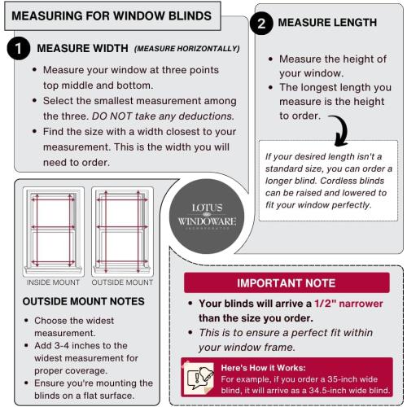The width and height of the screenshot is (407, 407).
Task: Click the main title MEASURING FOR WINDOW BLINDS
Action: (x=111, y=15)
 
